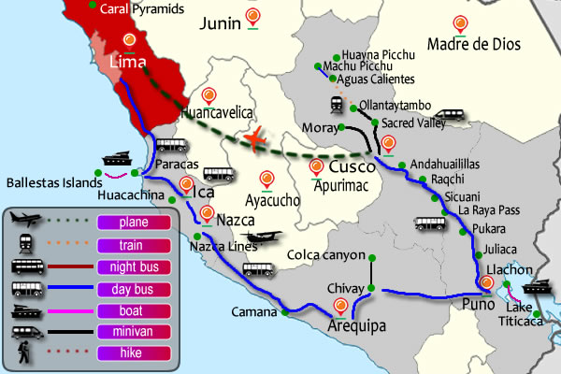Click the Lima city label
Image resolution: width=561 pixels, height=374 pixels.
[x=129, y=62]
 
